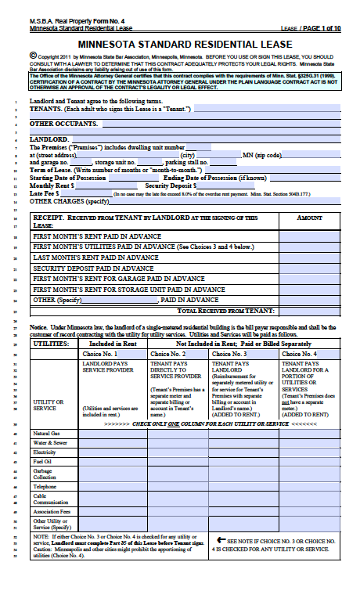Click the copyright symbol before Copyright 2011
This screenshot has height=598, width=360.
(x=32, y=56)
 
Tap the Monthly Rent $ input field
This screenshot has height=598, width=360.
(x=109, y=185)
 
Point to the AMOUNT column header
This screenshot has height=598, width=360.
(x=309, y=219)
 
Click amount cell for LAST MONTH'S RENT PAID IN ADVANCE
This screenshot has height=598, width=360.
(x=309, y=257)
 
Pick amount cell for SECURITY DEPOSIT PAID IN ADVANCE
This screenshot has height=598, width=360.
(x=309, y=268)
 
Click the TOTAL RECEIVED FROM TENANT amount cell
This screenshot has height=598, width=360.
(x=309, y=311)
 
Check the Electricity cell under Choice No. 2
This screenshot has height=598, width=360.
(x=178, y=452)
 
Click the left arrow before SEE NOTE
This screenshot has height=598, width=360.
(x=222, y=539)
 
